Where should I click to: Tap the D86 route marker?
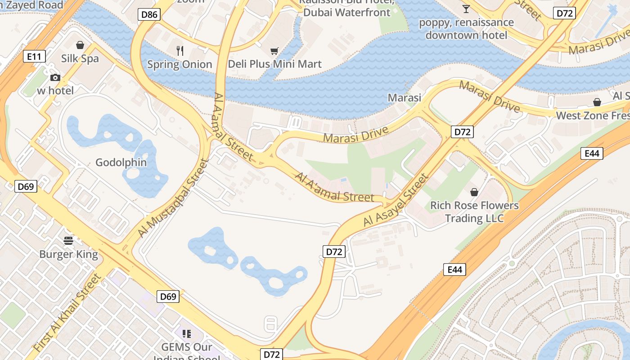[149, 14]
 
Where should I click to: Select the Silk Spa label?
[80, 58]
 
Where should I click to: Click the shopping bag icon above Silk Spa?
[80, 45]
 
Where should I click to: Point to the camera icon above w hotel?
[55, 77]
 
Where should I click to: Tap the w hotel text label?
[55, 90]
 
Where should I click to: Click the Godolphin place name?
[121, 162]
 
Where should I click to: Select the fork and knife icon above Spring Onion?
[180, 50]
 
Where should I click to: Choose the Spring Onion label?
[180, 64]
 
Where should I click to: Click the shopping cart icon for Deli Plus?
[274, 51]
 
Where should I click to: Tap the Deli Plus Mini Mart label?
[274, 64]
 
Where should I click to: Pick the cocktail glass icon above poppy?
[466, 9]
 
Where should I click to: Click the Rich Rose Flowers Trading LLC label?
[474, 212]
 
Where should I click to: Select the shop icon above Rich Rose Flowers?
[474, 192]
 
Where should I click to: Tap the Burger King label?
[68, 254]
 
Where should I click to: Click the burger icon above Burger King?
[68, 241]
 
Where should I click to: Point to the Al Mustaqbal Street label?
[173, 198]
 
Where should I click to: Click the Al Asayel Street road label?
[396, 201]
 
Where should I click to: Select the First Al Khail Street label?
[67, 313]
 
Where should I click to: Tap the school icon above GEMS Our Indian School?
[187, 333]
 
